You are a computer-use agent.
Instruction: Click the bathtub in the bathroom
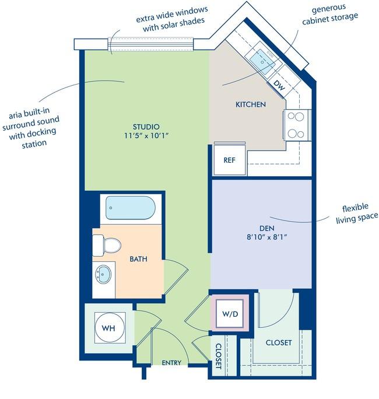click(x=131, y=208)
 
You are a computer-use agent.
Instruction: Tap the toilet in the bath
click(x=107, y=246)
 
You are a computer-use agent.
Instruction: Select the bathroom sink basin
click(x=103, y=274)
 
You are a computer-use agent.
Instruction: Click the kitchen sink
click(x=262, y=62)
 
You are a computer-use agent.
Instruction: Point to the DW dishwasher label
click(x=279, y=86)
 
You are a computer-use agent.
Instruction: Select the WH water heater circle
click(x=110, y=327)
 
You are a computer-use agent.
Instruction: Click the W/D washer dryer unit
click(x=230, y=313)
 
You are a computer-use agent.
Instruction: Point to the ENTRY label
click(x=171, y=363)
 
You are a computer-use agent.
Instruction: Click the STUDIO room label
click(x=146, y=127)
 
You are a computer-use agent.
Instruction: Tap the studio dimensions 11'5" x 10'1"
click(x=146, y=136)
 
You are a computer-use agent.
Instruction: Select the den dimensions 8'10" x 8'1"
click(x=267, y=237)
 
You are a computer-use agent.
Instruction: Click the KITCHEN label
click(x=251, y=104)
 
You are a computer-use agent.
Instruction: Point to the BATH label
click(x=138, y=259)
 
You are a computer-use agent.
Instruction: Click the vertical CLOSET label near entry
click(x=219, y=356)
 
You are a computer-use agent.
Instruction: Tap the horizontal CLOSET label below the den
click(x=279, y=342)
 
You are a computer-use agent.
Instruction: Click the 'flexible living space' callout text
click(x=357, y=213)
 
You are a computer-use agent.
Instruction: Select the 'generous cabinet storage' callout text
click(x=329, y=14)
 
